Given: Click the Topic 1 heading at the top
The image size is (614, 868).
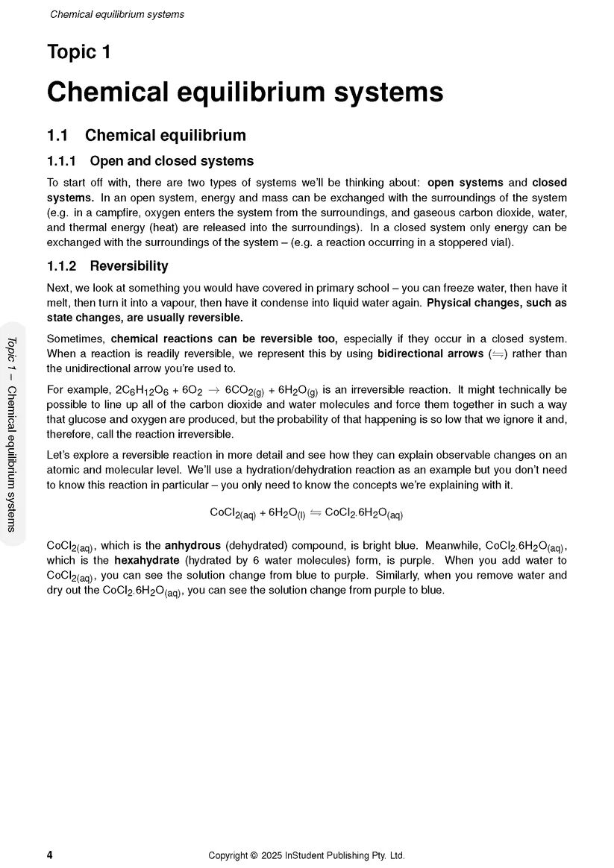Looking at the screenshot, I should pyautogui.click(x=78, y=52).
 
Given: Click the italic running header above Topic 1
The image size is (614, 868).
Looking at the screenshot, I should pyautogui.click(x=117, y=14).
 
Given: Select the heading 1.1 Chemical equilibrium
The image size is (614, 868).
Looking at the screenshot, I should pyautogui.click(x=146, y=136).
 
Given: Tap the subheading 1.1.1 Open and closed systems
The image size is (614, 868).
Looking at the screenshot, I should pyautogui.click(x=150, y=161).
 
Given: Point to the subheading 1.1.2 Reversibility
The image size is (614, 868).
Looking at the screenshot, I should pyautogui.click(x=107, y=266).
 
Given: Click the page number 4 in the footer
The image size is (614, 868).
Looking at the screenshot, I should pyautogui.click(x=50, y=855).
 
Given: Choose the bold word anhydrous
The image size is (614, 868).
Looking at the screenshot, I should pyautogui.click(x=192, y=544).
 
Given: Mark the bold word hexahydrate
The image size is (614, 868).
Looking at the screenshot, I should pyautogui.click(x=147, y=560).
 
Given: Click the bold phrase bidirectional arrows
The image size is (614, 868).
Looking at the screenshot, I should pyautogui.click(x=430, y=353).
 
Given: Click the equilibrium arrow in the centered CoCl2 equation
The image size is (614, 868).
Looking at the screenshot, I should pyautogui.click(x=315, y=513).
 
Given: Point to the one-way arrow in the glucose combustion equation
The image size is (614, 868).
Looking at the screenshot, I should pyautogui.click(x=213, y=390).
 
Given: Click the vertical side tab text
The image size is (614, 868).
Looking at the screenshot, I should pyautogui.click(x=11, y=433).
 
